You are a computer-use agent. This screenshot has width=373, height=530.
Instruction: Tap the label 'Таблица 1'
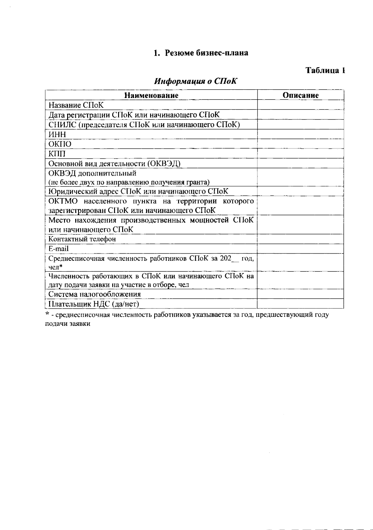(x=325, y=70)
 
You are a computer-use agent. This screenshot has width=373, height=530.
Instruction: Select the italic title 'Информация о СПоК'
(x=196, y=82)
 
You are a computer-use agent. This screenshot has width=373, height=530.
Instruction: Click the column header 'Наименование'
(x=151, y=95)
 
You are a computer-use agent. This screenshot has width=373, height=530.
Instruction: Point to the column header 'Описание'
(x=300, y=95)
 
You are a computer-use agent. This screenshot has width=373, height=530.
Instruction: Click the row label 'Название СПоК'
(x=76, y=105)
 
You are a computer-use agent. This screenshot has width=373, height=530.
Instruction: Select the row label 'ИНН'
(x=58, y=134)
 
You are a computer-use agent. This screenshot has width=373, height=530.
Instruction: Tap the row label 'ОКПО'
(x=60, y=144)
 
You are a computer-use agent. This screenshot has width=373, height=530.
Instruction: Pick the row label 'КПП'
(x=57, y=154)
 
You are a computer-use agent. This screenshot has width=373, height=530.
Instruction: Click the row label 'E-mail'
(x=59, y=249)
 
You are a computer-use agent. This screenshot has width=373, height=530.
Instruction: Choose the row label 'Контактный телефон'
(x=82, y=239)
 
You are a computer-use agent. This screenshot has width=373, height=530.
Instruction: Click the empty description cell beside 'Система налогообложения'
(x=300, y=294)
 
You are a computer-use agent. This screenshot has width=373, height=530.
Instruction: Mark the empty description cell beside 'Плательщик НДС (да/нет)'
(x=300, y=304)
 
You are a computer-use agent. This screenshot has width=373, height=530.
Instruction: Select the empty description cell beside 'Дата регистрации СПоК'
(x=300, y=115)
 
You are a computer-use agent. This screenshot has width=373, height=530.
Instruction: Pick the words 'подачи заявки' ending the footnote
(x=68, y=324)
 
